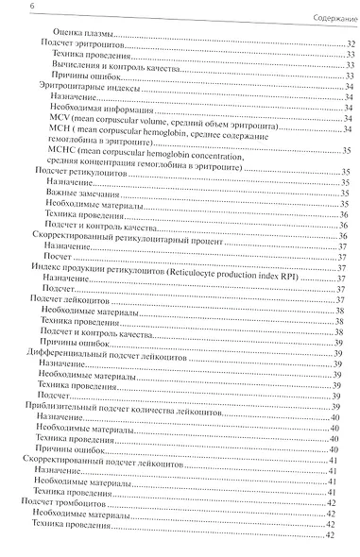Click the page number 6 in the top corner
pyautogui.click(x=7, y=8)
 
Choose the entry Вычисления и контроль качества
pyautogui.click(x=105, y=66)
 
